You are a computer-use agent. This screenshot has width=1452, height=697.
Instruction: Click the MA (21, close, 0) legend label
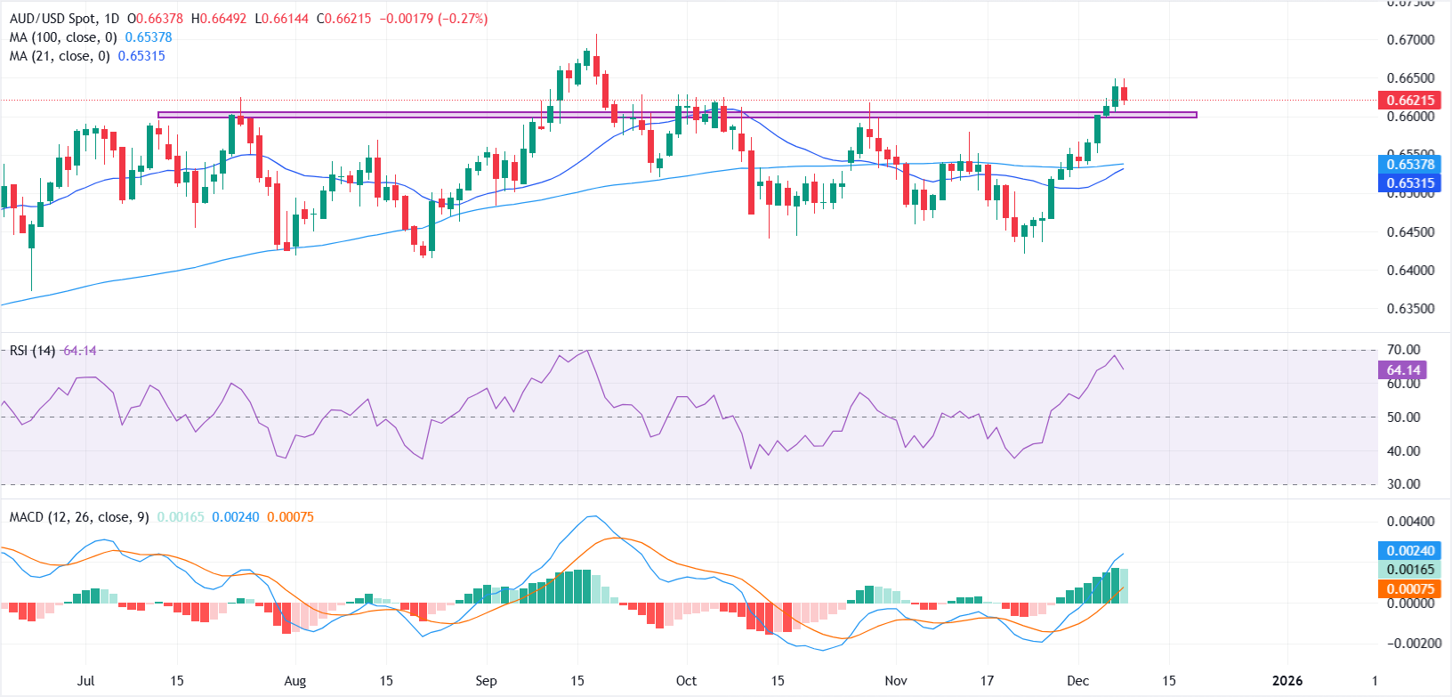(60, 56)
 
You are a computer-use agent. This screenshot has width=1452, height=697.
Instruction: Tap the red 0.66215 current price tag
(1409, 101)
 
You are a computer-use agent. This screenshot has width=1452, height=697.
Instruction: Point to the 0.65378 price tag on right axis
(1409, 164)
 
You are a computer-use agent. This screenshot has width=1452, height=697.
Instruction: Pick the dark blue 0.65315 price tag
(1409, 183)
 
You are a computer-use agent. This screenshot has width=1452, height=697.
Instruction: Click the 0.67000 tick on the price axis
(1410, 40)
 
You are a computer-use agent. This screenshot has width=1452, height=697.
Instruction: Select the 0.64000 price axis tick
(1410, 271)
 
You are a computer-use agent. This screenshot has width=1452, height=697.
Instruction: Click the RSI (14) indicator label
(32, 351)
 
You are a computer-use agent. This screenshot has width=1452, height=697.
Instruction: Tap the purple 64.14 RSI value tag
(1402, 370)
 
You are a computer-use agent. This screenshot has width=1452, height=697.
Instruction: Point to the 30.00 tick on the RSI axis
(1404, 484)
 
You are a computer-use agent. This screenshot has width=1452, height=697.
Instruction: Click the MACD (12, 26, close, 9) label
(79, 517)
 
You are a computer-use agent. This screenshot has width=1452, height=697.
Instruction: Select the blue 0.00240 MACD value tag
(1409, 551)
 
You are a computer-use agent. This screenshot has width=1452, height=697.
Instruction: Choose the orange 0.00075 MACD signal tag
(1409, 588)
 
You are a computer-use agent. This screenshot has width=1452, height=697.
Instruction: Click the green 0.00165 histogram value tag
(1409, 570)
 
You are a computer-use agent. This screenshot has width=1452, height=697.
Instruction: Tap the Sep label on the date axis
(486, 681)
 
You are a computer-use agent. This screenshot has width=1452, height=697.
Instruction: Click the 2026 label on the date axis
(1287, 681)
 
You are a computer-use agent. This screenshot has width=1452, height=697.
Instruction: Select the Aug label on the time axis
(294, 681)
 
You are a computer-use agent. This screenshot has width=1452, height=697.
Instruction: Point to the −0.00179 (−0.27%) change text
(433, 19)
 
